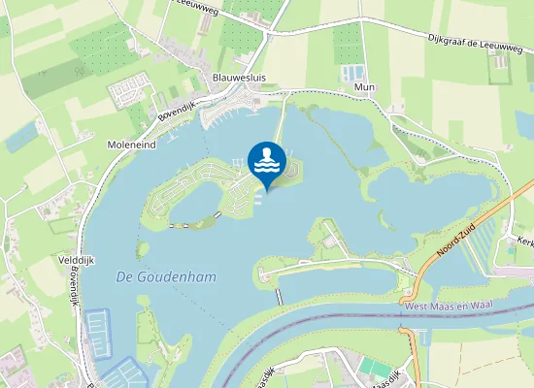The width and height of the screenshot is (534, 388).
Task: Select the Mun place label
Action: click(365, 86)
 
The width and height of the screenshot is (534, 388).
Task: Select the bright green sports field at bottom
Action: click(373, 366)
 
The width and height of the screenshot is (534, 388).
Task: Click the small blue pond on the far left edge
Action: click(19, 138)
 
